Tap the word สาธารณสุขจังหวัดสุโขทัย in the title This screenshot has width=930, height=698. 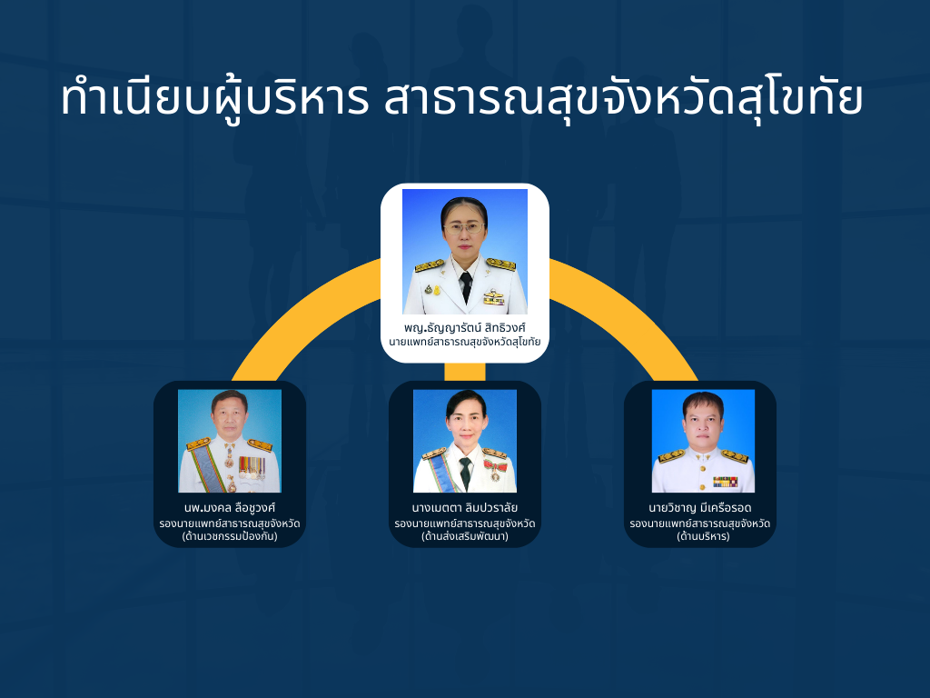point(623,98)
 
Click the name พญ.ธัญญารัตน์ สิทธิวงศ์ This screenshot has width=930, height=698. point(465,327)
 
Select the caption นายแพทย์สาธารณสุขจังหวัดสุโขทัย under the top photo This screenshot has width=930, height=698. point(465,342)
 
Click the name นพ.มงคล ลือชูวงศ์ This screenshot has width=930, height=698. point(230,508)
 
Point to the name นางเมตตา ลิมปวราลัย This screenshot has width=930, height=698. point(465,508)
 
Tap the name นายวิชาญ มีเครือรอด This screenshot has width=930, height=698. point(700,508)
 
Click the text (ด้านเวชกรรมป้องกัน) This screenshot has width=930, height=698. point(230,536)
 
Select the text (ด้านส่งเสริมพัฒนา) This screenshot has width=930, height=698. point(465,536)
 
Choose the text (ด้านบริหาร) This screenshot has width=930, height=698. point(704,536)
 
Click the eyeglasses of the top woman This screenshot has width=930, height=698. point(464,227)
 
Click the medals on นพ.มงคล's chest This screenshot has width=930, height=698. point(252,467)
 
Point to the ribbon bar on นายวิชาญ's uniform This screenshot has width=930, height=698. point(725,482)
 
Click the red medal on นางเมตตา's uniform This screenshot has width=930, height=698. point(493,470)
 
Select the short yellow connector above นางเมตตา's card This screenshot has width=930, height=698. point(465,372)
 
